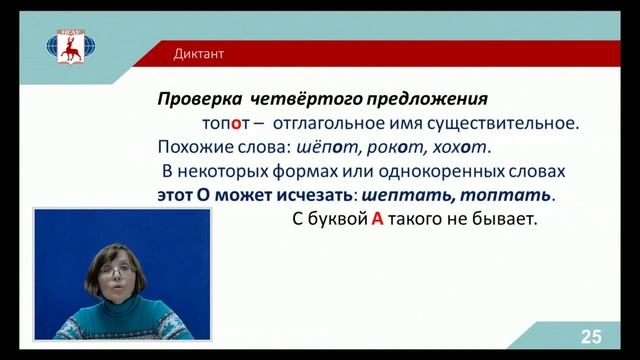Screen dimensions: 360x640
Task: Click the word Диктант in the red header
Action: (198, 54)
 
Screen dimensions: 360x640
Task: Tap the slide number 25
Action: (591, 337)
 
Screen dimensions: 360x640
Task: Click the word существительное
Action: (508, 124)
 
